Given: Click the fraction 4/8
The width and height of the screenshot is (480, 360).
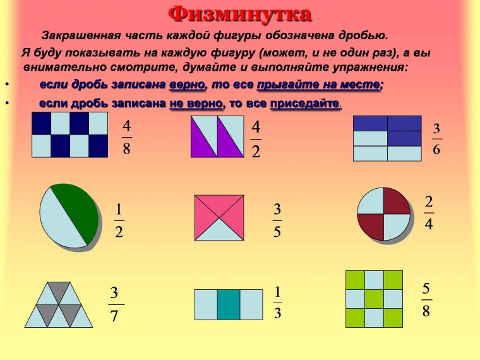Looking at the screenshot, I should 127,137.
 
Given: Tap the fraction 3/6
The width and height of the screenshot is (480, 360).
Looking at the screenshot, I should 436,138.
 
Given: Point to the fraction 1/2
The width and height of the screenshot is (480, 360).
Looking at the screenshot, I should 119,220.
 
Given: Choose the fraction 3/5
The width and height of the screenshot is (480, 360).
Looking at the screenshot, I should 277,220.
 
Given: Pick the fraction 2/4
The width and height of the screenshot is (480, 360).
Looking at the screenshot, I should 429,213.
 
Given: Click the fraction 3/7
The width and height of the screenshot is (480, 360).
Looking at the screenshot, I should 114,304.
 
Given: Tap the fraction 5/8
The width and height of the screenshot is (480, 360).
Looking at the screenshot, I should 426,300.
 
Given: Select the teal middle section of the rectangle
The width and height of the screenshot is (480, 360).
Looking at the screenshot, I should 229,304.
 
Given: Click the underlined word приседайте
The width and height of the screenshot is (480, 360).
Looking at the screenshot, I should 306,103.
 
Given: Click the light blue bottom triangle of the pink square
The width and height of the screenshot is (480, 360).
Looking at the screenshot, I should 220,231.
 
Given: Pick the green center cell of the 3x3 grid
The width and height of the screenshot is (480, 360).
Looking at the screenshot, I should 375,298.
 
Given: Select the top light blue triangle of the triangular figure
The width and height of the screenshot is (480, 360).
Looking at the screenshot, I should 60,292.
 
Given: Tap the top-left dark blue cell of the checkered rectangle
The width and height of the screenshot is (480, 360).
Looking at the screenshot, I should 41,124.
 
